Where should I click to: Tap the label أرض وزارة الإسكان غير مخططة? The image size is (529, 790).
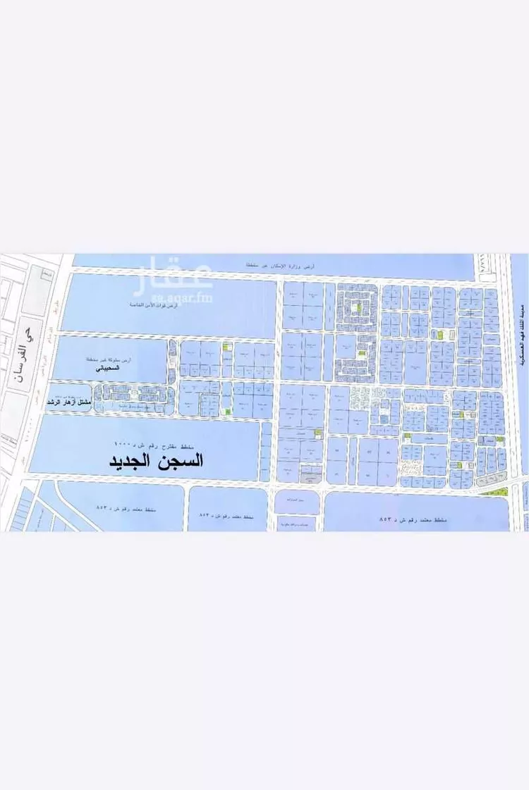click(281, 264)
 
